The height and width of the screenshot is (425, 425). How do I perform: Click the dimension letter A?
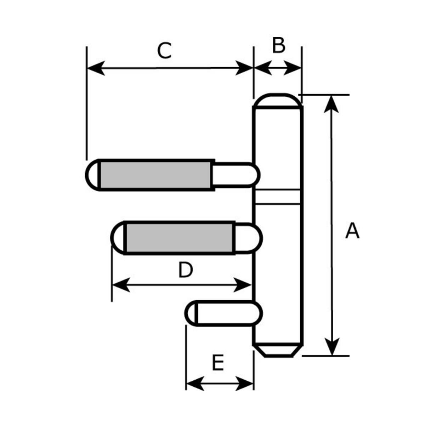[352, 231]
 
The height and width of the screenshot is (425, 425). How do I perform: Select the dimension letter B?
[278, 45]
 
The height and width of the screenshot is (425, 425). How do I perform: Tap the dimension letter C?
[164, 51]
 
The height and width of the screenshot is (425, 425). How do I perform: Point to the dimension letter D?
[185, 271]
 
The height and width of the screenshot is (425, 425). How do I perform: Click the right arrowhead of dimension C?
[244, 68]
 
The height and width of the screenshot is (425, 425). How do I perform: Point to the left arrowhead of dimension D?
[120, 285]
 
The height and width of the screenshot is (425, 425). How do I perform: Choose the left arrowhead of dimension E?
[195, 383]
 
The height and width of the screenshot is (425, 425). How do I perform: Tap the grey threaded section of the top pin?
[157, 175]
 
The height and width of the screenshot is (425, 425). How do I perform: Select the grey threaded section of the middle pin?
[179, 237]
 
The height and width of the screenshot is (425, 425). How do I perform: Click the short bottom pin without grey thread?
[225, 313]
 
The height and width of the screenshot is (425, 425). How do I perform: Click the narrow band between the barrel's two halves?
[278, 197]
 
